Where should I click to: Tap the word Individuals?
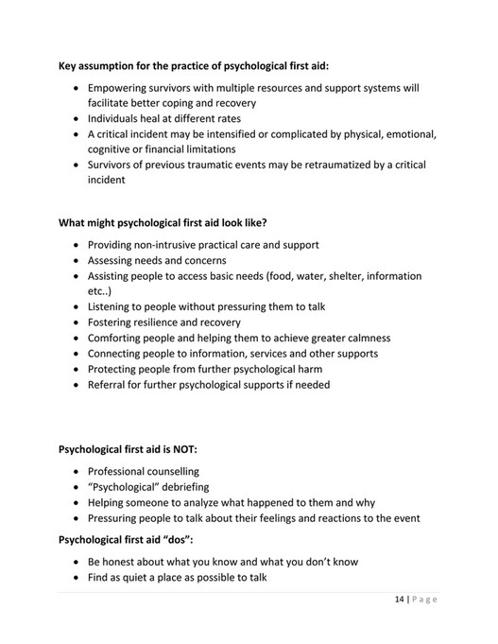(x=118, y=119)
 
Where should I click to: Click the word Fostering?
(x=112, y=322)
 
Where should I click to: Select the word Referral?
(x=109, y=384)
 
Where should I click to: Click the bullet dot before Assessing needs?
(x=77, y=261)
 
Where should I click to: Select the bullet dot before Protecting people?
(x=77, y=369)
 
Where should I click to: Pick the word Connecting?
(x=117, y=353)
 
